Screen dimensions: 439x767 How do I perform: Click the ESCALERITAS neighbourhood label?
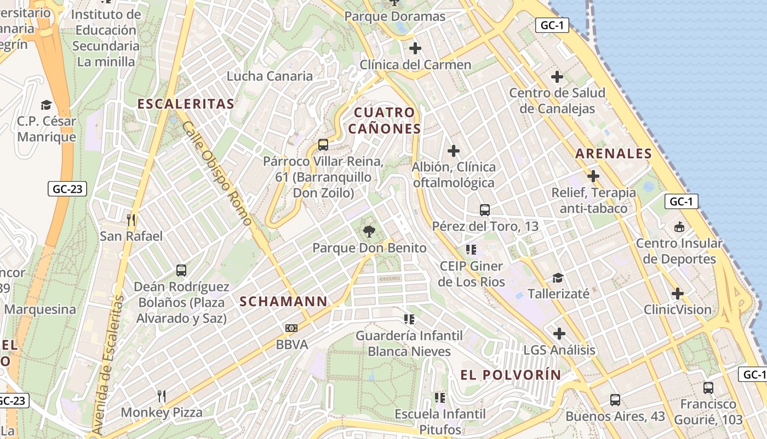(x=186, y=104)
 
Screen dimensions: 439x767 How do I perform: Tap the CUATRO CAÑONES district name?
(x=385, y=121)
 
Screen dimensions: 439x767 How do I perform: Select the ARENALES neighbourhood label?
(x=614, y=154)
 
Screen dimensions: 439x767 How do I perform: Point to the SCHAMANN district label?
(x=283, y=301)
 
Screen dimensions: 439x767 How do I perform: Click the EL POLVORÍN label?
(x=511, y=375)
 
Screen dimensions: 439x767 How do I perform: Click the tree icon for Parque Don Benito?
(x=369, y=232)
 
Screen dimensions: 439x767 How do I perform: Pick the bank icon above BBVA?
(x=291, y=328)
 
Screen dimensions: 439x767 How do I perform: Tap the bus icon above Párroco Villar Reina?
(x=323, y=145)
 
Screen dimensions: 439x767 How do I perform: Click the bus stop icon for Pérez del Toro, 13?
(x=485, y=210)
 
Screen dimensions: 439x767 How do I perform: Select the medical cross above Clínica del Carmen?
(x=415, y=48)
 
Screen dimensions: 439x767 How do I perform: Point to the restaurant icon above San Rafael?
(x=131, y=220)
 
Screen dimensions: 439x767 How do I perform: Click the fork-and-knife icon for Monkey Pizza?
(x=162, y=396)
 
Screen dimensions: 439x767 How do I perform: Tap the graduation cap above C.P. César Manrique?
(x=47, y=105)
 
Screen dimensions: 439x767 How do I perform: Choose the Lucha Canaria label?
(x=270, y=76)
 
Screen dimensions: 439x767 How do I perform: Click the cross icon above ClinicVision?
(x=678, y=294)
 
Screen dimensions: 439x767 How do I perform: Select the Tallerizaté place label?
(x=558, y=294)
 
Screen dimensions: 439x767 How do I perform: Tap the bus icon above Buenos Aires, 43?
(x=615, y=400)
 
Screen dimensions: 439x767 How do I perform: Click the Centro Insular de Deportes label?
(x=679, y=251)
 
